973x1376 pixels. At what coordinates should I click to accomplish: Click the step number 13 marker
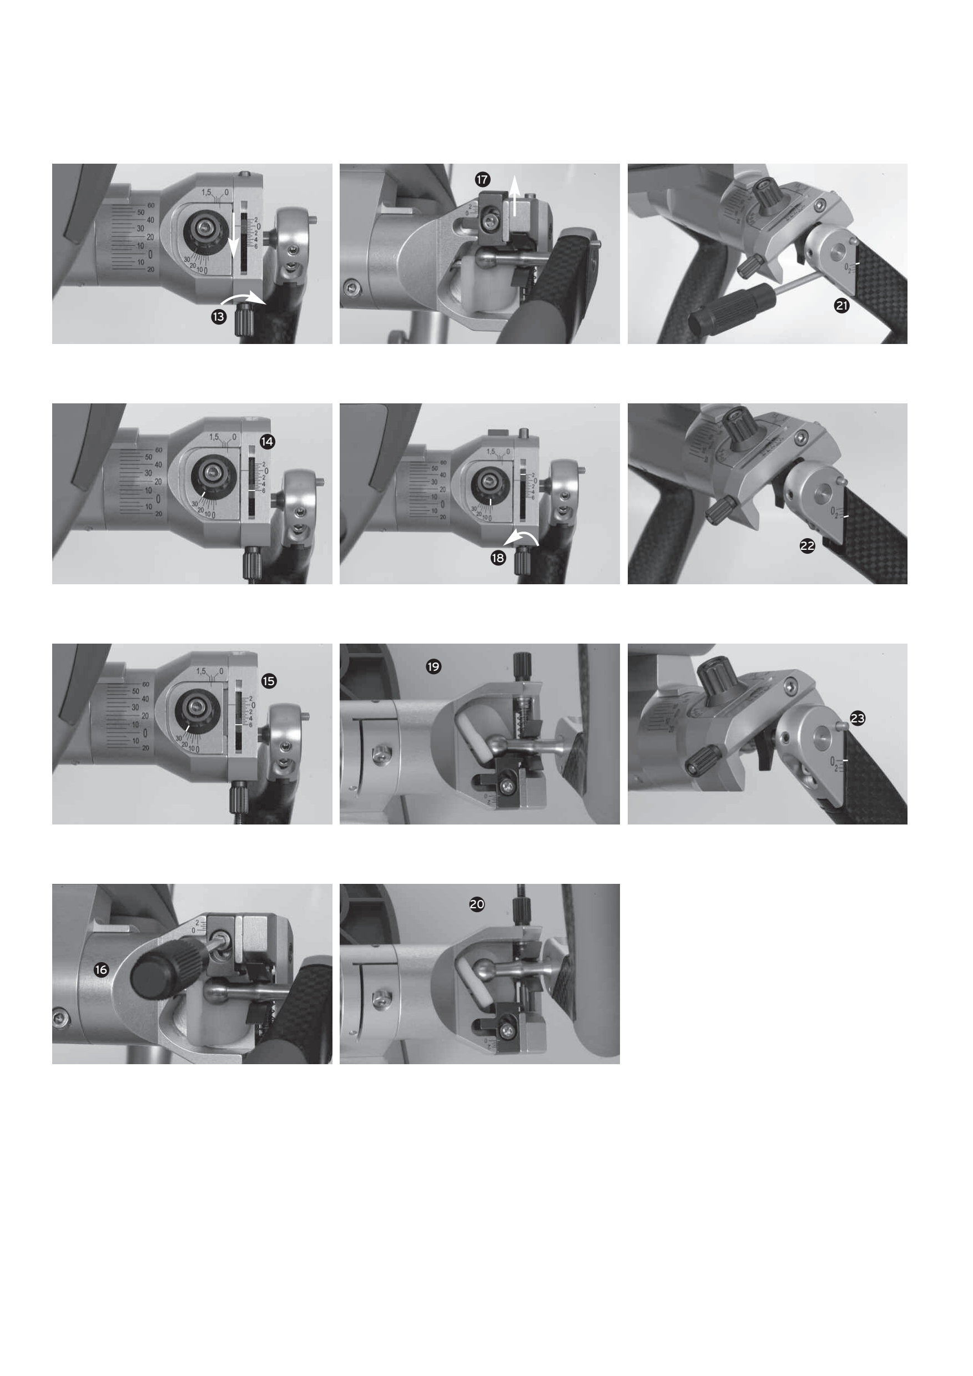click(x=219, y=316)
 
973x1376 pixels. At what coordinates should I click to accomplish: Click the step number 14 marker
click(x=268, y=442)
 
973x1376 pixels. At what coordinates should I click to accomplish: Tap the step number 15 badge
click(x=269, y=681)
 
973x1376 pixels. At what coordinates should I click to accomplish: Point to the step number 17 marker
click(x=482, y=179)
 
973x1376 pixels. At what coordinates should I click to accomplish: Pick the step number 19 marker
click(x=433, y=666)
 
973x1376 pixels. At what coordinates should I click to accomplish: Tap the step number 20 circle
click(x=477, y=904)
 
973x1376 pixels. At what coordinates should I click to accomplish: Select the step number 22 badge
click(x=808, y=545)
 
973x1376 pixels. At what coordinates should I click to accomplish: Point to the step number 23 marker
click(x=858, y=718)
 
